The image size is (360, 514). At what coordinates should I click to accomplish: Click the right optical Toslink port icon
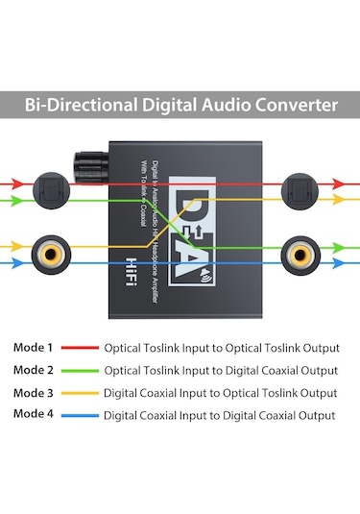pyautogui.click(x=300, y=190)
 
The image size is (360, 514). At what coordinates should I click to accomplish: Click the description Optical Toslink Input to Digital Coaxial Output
pyautogui.click(x=221, y=370)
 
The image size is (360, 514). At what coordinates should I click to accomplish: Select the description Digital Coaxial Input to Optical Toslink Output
pyautogui.click(x=221, y=393)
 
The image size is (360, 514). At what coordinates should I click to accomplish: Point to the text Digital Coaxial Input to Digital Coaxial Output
pyautogui.click(x=219, y=415)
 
